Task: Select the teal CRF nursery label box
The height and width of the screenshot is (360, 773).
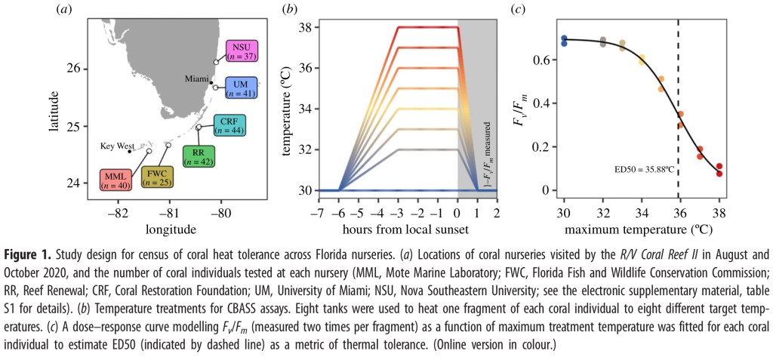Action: pos(226,125)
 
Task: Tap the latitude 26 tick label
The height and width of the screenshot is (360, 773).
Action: pos(74,69)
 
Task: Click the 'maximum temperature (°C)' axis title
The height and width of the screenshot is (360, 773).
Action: pos(642,227)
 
